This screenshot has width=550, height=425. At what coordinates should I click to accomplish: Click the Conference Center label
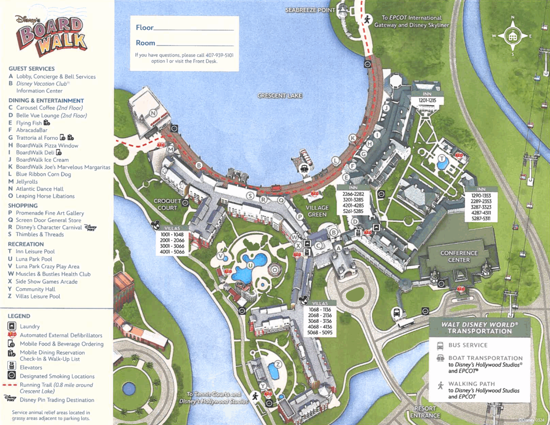[459, 256]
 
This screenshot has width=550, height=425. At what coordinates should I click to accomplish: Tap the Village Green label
[317, 211]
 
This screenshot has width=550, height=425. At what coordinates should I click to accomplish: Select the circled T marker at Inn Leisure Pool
[442, 159]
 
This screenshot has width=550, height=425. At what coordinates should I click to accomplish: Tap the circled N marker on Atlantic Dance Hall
[153, 113]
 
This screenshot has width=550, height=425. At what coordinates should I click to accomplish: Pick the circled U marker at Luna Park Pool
[250, 265]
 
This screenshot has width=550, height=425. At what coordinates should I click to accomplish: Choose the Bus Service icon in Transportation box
[440, 345]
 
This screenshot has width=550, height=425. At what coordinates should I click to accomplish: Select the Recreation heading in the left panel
[26, 244]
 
